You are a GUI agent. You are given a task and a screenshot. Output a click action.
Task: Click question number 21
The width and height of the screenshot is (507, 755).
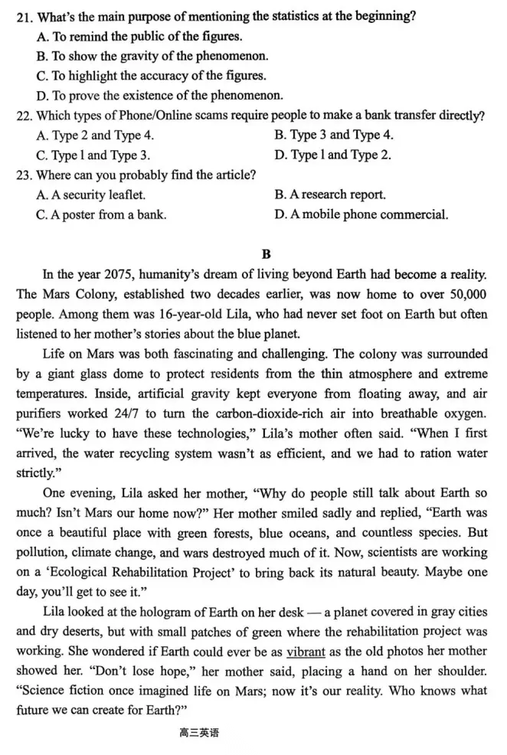coord(25,17)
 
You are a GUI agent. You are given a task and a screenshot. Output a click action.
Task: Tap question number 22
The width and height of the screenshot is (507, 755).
coord(25,116)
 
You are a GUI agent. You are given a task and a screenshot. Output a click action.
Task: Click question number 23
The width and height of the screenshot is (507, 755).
coord(25,175)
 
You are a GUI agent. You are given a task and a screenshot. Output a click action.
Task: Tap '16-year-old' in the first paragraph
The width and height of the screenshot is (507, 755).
coord(162,314)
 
